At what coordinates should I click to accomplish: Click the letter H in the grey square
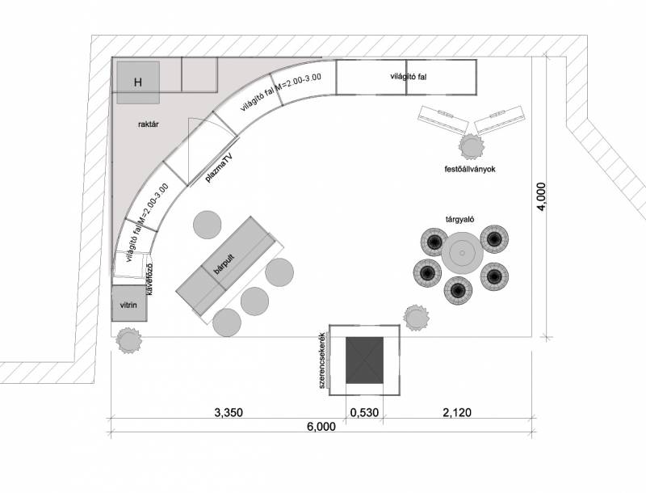(x=138, y=82)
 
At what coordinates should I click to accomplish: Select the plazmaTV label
(x=218, y=166)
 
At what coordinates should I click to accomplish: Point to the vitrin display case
(x=128, y=306)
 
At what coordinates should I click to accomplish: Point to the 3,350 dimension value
(x=229, y=412)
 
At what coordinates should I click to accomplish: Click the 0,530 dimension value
(x=365, y=412)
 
